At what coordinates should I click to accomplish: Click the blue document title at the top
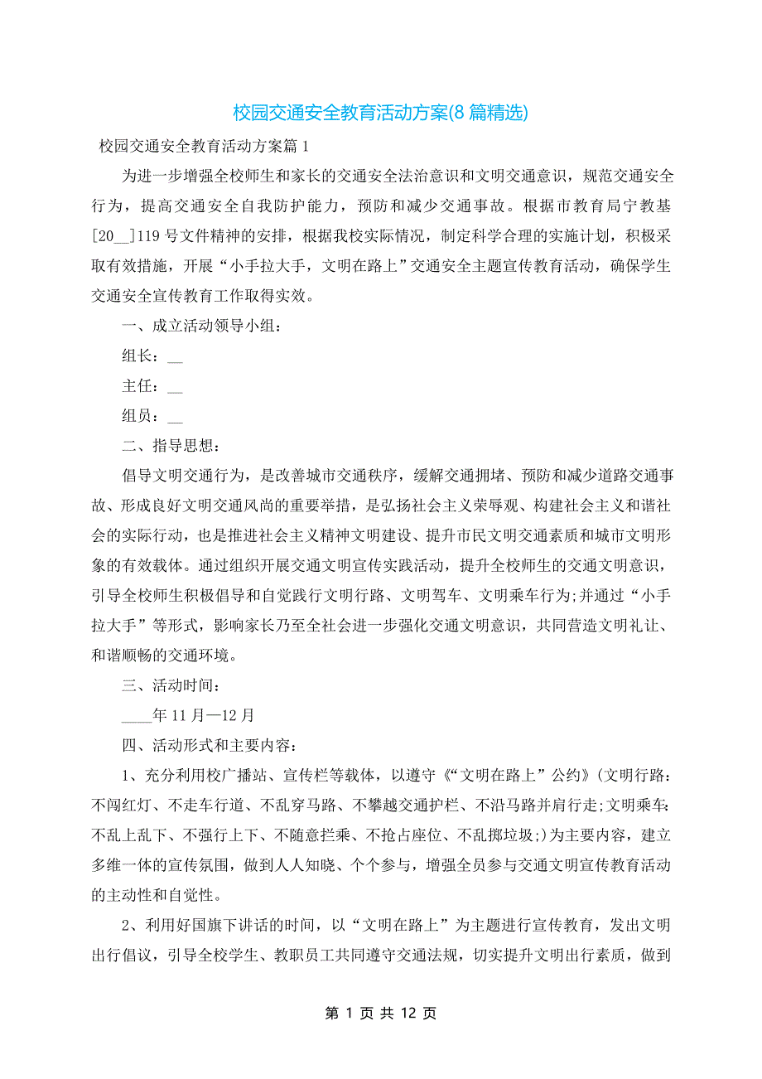click(x=380, y=112)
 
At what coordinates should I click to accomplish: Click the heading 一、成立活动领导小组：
click(x=203, y=327)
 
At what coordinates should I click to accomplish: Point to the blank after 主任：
click(x=175, y=387)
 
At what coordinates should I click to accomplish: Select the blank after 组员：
click(x=175, y=417)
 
